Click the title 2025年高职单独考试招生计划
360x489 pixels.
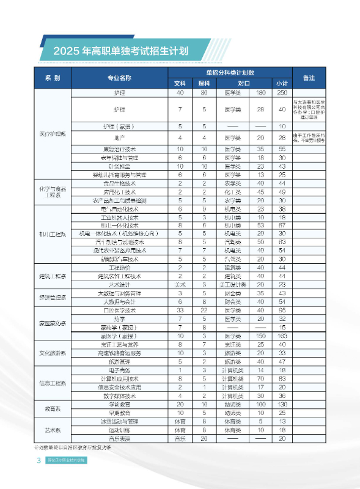(x=120, y=51)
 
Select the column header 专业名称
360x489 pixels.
(x=119, y=78)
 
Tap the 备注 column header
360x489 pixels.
(x=309, y=78)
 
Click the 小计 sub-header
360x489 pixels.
(x=282, y=83)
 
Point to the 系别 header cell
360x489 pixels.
(x=53, y=78)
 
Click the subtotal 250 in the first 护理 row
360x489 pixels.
(x=282, y=92)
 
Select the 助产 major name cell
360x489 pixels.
(x=119, y=138)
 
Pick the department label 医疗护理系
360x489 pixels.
(x=53, y=133)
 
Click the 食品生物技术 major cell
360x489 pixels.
(x=119, y=183)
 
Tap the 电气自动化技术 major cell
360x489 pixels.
(x=119, y=208)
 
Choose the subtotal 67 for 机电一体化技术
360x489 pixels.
(x=282, y=226)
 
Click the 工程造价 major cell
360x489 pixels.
(x=119, y=268)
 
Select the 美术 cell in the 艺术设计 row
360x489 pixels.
(x=180, y=284)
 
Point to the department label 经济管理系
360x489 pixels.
(x=53, y=297)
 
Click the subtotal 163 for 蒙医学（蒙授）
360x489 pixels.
(x=282, y=336)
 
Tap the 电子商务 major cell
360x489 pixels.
(x=119, y=370)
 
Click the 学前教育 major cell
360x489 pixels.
(x=119, y=404)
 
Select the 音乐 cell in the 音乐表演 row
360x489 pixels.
(x=180, y=438)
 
